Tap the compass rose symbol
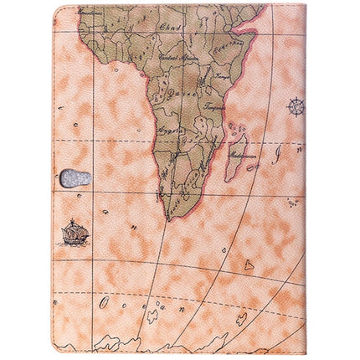[x=295, y=106]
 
